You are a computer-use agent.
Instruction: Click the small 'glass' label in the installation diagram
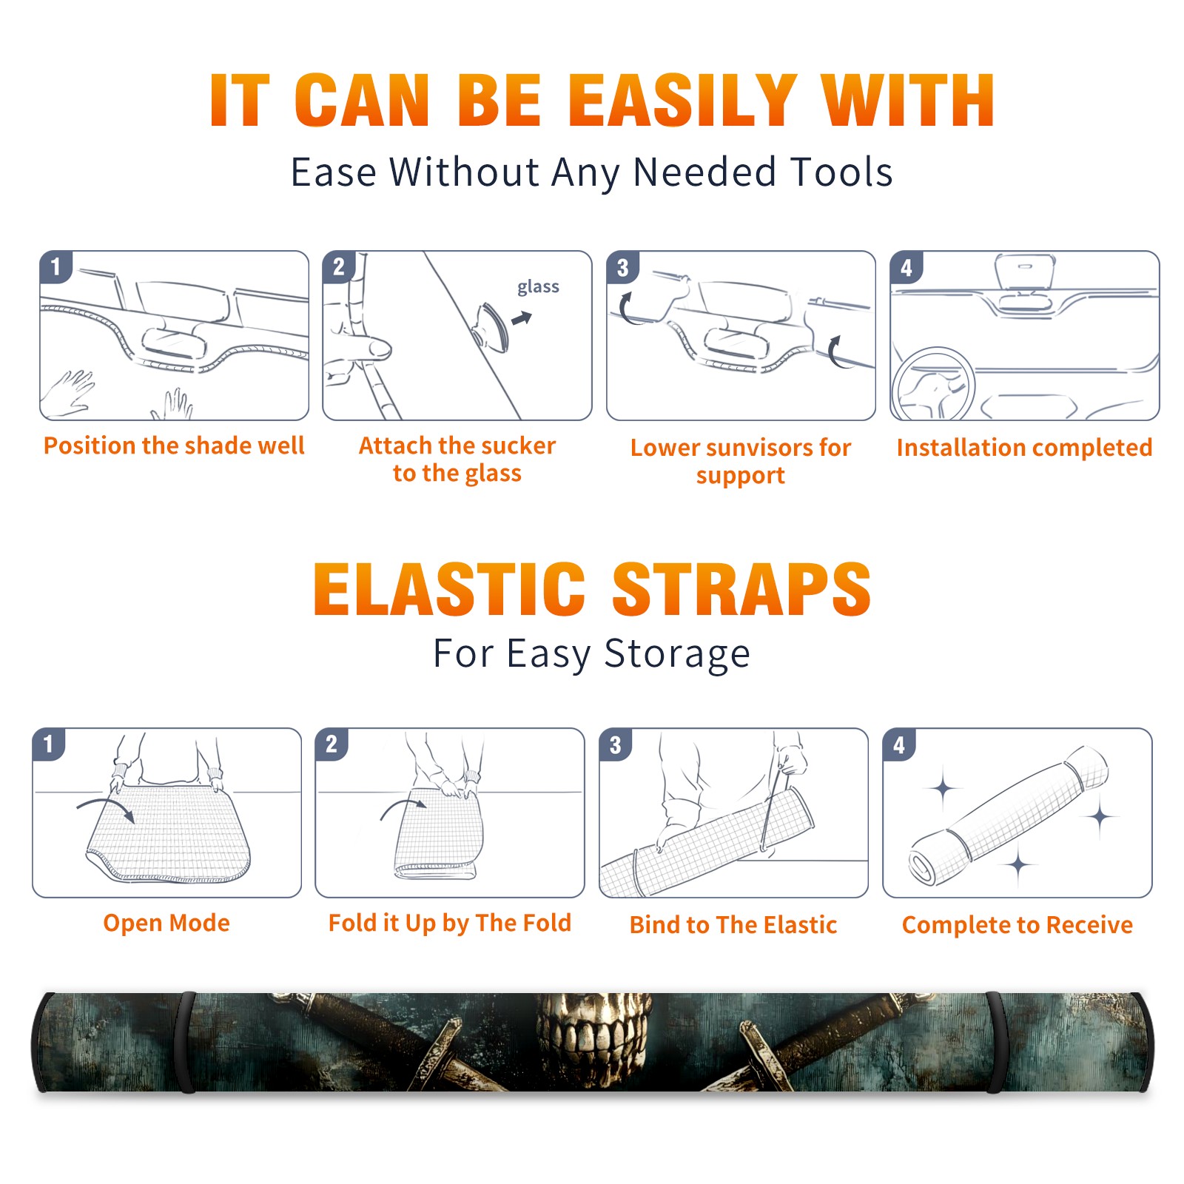pos(538,287)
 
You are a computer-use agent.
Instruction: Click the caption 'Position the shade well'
pos(174,445)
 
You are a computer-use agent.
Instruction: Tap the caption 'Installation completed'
pos(1024,447)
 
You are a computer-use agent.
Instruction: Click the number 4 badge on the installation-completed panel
pos(906,267)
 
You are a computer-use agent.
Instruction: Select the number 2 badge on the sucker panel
pos(339,267)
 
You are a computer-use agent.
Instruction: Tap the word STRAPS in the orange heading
pos(741,589)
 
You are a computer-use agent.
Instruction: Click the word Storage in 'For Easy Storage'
pos(677,655)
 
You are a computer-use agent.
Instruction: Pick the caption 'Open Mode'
pos(166,923)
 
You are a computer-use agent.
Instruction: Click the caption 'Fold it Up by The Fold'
pos(450,923)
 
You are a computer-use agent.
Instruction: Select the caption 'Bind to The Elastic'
pos(733,925)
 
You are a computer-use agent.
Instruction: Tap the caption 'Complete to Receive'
pos(1017,925)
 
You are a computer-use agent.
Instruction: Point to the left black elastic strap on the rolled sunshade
pos(187,1042)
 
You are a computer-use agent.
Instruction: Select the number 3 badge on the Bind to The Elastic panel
pos(616,744)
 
